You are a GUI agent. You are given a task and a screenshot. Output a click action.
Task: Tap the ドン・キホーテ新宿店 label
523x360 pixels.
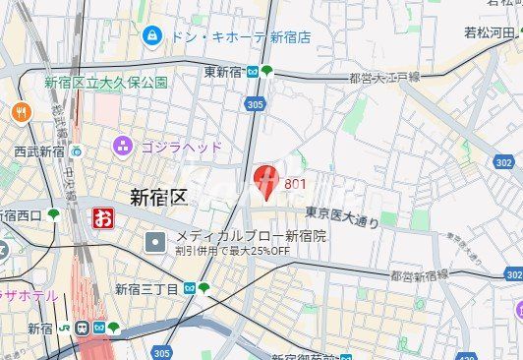coord(242,37)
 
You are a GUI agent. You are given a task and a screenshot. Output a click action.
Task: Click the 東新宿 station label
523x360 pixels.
coord(223,72)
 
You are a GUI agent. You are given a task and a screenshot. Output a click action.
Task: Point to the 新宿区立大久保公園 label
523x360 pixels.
coord(105,83)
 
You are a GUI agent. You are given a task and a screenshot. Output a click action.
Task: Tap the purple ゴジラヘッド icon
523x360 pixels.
coord(123,147)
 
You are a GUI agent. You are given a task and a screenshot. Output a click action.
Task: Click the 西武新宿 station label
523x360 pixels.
coord(39,151)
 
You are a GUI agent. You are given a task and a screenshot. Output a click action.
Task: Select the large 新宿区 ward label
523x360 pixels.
coord(158,196)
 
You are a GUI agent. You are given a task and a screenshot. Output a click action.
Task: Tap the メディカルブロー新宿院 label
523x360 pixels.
coord(251,236)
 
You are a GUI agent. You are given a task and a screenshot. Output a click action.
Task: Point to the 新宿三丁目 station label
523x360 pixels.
coord(146,288)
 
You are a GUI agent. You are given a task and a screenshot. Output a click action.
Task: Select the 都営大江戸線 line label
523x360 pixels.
coord(384,77)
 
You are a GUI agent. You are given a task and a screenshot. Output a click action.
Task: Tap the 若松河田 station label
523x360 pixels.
coord(489,32)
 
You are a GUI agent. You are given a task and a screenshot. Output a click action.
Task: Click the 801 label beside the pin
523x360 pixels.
coord(295,184)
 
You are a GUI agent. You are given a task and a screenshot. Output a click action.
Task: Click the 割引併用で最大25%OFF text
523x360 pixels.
coord(232,251)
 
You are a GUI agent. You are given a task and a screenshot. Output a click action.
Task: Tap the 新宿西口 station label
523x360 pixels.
coord(20,215)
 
